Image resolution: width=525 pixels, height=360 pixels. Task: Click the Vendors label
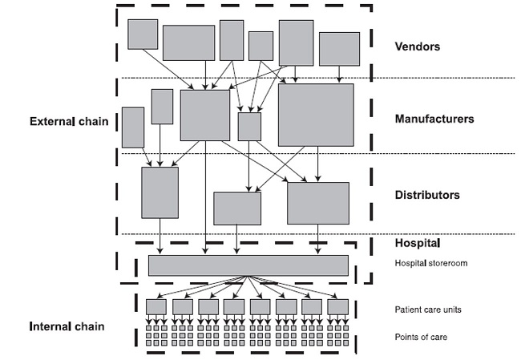click(x=418, y=47)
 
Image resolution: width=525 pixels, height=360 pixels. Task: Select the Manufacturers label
click(x=434, y=119)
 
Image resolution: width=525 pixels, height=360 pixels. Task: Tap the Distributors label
click(x=427, y=195)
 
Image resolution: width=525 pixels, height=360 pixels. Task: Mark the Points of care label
click(x=421, y=337)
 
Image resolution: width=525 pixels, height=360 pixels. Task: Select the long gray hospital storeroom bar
click(x=248, y=265)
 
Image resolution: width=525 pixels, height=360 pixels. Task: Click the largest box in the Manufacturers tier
click(x=316, y=115)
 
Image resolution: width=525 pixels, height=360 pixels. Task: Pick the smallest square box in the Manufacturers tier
click(x=249, y=127)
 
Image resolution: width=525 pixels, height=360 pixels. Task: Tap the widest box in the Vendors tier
click(x=188, y=42)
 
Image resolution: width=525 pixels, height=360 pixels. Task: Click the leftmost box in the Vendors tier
click(x=143, y=34)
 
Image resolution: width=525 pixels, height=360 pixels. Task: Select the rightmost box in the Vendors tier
click(x=339, y=49)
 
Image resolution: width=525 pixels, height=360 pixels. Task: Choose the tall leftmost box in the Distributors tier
click(x=160, y=192)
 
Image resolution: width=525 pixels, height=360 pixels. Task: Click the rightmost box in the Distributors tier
click(x=318, y=203)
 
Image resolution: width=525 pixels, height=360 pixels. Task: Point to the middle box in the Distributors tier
click(x=237, y=208)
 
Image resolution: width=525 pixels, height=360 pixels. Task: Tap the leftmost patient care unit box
click(x=156, y=306)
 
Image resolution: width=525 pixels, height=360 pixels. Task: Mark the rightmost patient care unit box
click(x=338, y=306)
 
